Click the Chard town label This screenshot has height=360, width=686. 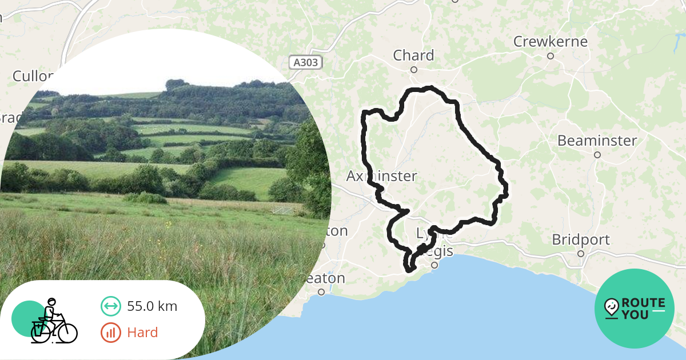click(413, 55)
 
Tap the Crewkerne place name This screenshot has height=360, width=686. click(550, 42)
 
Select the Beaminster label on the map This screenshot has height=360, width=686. click(597, 140)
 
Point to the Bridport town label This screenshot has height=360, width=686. click(580, 239)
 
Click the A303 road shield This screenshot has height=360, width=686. click(304, 62)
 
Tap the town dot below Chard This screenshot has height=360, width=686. click(414, 70)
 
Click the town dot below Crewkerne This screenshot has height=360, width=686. click(551, 56)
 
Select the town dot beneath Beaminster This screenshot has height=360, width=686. click(597, 155)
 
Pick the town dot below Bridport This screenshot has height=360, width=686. click(581, 254)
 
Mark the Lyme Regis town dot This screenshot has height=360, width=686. click(434, 265)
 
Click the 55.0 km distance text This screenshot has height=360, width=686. click(152, 306)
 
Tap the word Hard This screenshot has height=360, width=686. click(142, 333)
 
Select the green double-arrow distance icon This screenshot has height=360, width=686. click(111, 306)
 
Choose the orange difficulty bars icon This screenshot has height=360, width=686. click(111, 333)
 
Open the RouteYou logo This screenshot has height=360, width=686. click(635, 309)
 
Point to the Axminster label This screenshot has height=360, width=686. click(382, 176)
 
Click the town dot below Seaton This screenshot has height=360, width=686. click(321, 292)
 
